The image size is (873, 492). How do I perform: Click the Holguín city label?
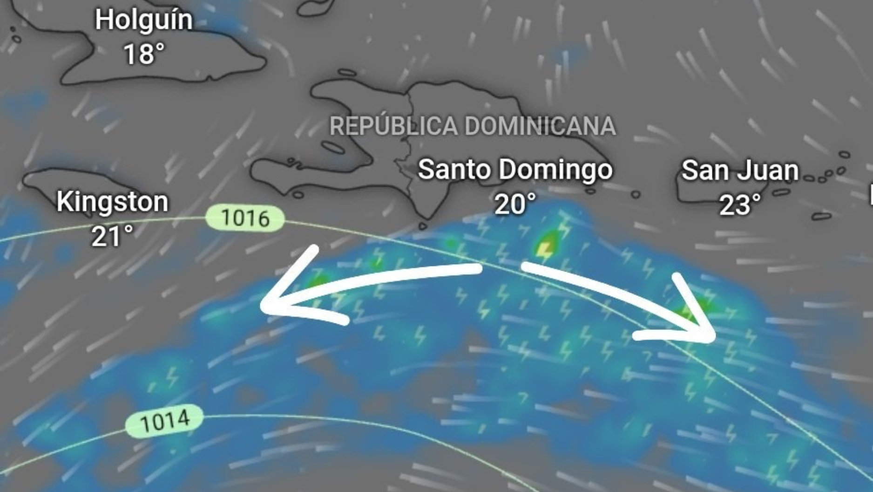pyautogui.click(x=143, y=20)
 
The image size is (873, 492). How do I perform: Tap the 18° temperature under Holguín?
pyautogui.click(x=144, y=54)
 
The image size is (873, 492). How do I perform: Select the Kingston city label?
pyautogui.click(x=112, y=202)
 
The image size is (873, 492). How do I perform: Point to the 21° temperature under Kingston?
pyautogui.click(x=112, y=236)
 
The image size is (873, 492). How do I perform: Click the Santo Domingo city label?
pyautogui.click(x=515, y=169)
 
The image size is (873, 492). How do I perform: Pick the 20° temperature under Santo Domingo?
pyautogui.click(x=515, y=204)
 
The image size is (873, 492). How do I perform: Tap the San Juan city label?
pyautogui.click(x=740, y=170)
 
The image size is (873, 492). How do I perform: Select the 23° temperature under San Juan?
pyautogui.click(x=740, y=205)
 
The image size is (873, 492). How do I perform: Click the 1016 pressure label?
pyautogui.click(x=245, y=218)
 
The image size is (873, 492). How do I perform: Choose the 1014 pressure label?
pyautogui.click(x=164, y=421)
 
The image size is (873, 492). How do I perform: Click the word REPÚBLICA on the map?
pyautogui.click(x=393, y=126)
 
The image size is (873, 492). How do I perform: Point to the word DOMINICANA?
pyautogui.click(x=540, y=126)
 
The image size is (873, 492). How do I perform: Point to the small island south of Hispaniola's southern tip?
pyautogui.click(x=422, y=226)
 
